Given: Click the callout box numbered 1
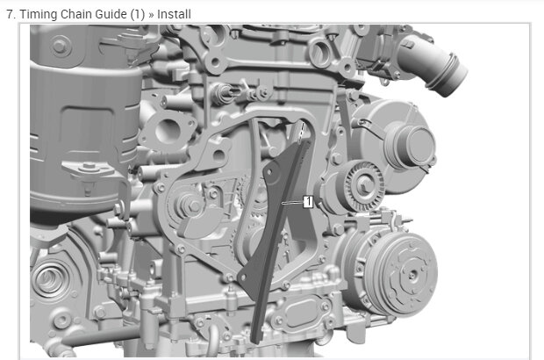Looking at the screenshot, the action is click(x=308, y=202).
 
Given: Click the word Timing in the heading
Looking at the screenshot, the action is click(x=39, y=14).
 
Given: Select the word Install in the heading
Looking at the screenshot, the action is click(x=174, y=14).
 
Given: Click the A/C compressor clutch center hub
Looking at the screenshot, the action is click(x=412, y=275).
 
